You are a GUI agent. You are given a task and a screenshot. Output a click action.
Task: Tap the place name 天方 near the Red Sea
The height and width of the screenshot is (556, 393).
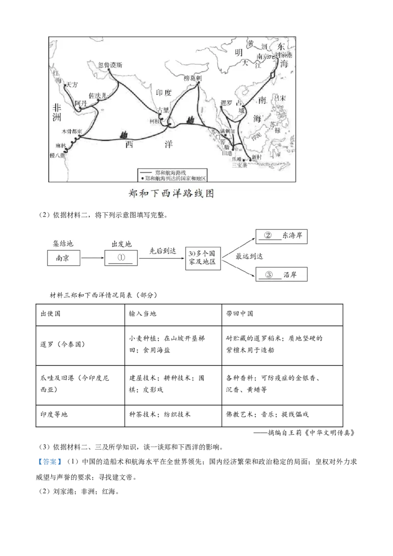click(x=72, y=84)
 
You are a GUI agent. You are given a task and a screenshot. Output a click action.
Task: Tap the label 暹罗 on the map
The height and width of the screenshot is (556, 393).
click(x=226, y=103)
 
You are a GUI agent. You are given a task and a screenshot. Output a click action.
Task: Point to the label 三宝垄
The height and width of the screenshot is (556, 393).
click(x=240, y=166)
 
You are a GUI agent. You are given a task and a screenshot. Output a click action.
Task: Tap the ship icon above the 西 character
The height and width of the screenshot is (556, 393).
click(x=124, y=134)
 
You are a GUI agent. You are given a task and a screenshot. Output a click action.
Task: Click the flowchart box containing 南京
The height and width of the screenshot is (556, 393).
click(x=64, y=258)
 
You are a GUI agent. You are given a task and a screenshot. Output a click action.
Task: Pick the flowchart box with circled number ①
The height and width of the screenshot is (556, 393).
click(x=121, y=258)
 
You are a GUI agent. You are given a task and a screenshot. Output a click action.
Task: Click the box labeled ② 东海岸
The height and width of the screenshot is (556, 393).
click(x=282, y=236)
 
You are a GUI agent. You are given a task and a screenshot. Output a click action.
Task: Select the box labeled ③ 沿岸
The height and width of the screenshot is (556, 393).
click(x=282, y=275)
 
